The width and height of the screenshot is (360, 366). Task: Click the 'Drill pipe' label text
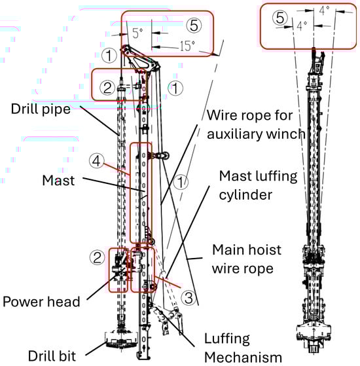pos(41,109)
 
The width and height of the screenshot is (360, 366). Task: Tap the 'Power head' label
pos(41,302)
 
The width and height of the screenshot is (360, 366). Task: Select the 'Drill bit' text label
pos(52,356)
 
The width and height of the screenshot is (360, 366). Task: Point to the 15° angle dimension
pos(187,46)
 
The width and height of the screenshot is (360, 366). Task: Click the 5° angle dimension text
pos(137,33)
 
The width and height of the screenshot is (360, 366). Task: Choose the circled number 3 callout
pos(189,298)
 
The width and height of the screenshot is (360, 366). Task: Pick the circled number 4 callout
pos(96,161)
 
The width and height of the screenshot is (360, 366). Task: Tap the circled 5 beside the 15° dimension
pos(194,26)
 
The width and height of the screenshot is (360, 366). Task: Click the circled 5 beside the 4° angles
pos(279,18)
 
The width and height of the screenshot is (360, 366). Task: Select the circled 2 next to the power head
pos(97,257)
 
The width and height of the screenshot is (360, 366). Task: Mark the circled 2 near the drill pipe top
pos(107,88)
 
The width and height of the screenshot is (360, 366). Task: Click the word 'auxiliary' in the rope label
pos(235,134)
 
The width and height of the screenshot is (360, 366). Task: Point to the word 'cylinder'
pos(245,195)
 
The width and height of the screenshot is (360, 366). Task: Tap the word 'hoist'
pos(266,249)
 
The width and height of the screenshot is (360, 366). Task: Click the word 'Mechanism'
pos(243,357)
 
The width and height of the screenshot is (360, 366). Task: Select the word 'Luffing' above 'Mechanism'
pos(227,339)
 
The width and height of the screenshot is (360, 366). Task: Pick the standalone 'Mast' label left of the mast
pos(58,181)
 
